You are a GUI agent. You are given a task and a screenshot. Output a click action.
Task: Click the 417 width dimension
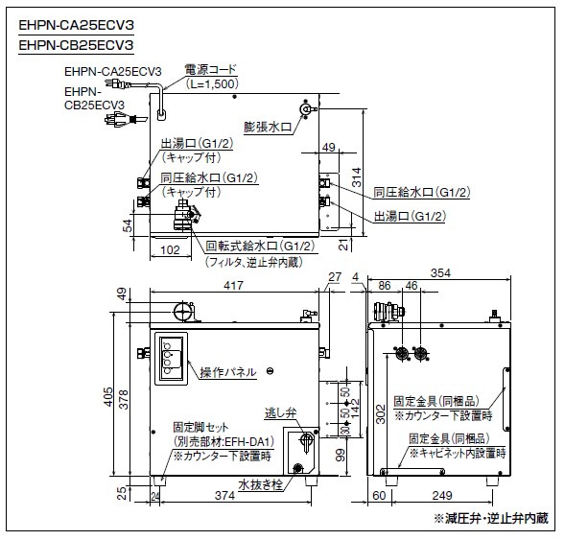pyautogui.click(x=233, y=285)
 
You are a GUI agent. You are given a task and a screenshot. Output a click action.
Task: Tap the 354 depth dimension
pyautogui.click(x=440, y=273)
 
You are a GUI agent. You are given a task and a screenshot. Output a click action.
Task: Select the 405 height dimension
pyautogui.click(x=108, y=397)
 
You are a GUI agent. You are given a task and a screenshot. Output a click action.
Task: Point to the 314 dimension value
pyautogui.click(x=357, y=177)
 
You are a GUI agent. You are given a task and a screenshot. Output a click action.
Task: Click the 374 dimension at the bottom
pyautogui.click(x=224, y=496)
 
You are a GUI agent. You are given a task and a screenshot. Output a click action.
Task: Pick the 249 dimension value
pyautogui.click(x=442, y=495)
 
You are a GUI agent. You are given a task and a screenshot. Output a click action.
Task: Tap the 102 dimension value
pyautogui.click(x=170, y=249)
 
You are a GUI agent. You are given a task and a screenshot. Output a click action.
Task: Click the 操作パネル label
pyautogui.click(x=228, y=372)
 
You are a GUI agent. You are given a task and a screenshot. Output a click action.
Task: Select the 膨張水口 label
pyautogui.click(x=268, y=127)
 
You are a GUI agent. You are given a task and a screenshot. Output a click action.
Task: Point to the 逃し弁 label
pyautogui.click(x=280, y=412)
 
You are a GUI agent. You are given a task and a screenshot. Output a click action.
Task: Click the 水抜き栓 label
pyautogui.click(x=260, y=485)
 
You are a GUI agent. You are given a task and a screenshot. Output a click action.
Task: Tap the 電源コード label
pyautogui.click(x=210, y=69)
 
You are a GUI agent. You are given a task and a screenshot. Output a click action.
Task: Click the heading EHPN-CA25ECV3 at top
pyautogui.click(x=76, y=25)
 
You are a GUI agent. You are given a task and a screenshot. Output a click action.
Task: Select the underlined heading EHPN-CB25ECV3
pyautogui.click(x=76, y=45)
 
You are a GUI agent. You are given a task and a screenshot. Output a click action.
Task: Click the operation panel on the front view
pyautogui.click(x=171, y=359)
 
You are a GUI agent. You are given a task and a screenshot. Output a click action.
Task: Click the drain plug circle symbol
pyautogui.click(x=297, y=468)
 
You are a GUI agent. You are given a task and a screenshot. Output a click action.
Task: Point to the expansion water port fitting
pyautogui.click(x=307, y=108)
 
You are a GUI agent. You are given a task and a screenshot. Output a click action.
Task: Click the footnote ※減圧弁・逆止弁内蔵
pyautogui.click(x=491, y=518)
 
